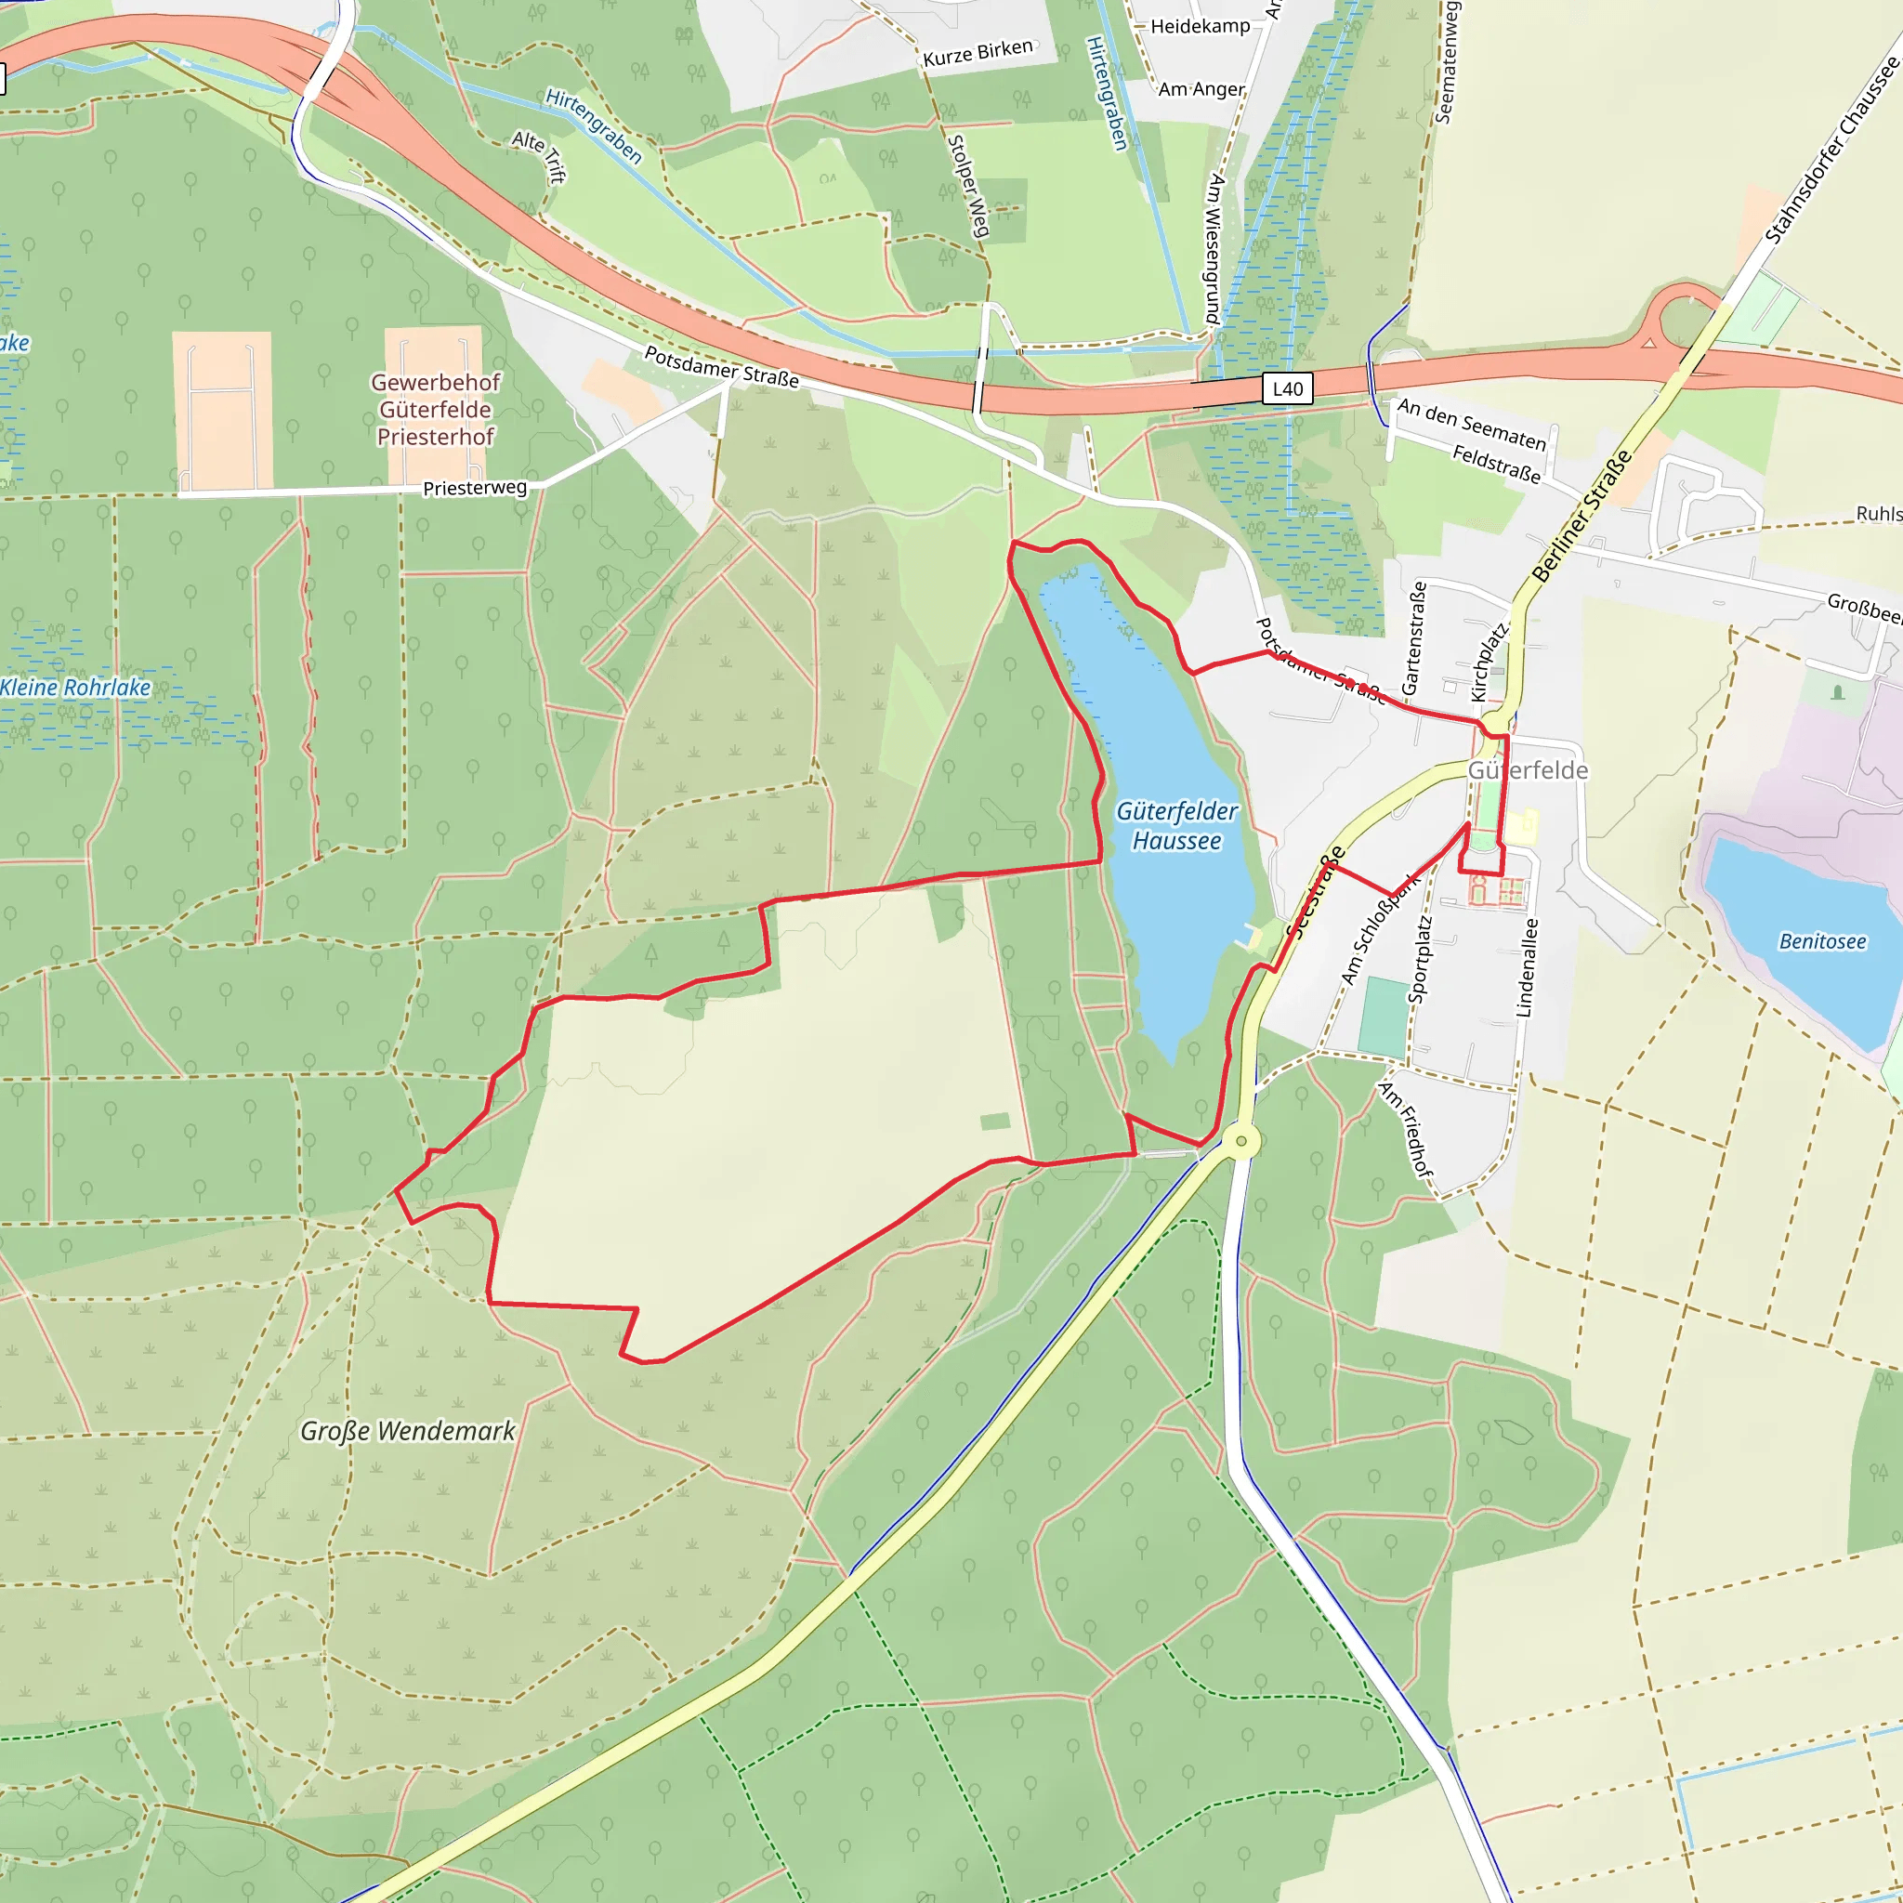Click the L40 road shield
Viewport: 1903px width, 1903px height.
(x=1286, y=389)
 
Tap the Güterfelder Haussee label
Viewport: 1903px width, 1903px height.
(x=1176, y=825)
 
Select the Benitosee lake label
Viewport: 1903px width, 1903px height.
(x=1821, y=941)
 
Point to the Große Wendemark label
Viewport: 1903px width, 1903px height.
(x=407, y=1431)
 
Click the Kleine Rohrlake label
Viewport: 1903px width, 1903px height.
(x=76, y=688)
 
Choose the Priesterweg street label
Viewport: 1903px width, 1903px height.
(x=474, y=488)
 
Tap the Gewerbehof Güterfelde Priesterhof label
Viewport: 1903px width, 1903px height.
(x=436, y=409)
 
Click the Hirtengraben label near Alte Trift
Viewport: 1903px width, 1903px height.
(x=594, y=126)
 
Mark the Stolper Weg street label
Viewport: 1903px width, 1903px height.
(x=967, y=186)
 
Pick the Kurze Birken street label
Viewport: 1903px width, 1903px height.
(x=978, y=53)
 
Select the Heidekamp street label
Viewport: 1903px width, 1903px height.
(x=1200, y=27)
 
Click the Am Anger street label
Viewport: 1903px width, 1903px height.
(x=1201, y=89)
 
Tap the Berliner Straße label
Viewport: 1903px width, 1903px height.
(x=1581, y=515)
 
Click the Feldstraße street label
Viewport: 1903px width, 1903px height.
(x=1495, y=464)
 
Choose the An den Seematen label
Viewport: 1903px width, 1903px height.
(x=1471, y=425)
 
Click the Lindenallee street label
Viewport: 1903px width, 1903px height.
(x=1526, y=968)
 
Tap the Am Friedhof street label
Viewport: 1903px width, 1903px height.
(x=1406, y=1129)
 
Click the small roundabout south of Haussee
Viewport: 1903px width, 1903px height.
(x=1241, y=1142)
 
